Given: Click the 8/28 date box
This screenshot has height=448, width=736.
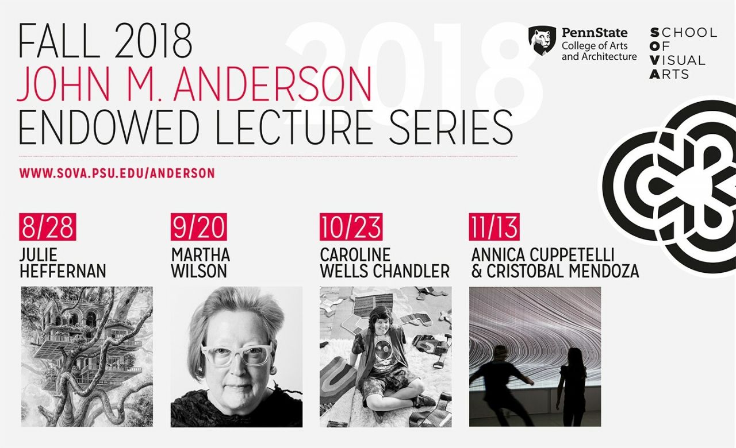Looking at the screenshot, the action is [48, 227].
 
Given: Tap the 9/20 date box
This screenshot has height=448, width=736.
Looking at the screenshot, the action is [199, 227].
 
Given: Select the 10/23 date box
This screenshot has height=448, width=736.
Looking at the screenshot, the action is [351, 227].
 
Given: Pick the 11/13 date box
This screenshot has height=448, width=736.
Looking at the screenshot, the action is [494, 227].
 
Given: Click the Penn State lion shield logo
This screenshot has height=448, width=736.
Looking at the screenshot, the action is [542, 41].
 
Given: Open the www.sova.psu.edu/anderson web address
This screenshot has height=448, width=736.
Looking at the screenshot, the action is [117, 173].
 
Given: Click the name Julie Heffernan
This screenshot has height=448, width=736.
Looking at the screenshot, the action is [63, 263].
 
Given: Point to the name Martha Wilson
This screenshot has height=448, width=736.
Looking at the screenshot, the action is [201, 263].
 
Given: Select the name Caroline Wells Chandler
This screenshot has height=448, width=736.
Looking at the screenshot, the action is [385, 263].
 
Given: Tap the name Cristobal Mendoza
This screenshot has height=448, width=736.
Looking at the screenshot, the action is [562, 271].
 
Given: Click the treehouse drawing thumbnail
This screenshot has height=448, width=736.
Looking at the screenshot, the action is [87, 357].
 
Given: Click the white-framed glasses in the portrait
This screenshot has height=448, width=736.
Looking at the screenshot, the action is [236, 355].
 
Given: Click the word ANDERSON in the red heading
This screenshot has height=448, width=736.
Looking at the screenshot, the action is [273, 84].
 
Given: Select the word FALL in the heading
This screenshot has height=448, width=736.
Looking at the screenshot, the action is [59, 41].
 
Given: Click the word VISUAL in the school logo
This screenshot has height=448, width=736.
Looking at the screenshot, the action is [677, 60].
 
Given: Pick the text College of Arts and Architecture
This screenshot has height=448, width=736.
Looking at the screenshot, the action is [599, 51].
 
